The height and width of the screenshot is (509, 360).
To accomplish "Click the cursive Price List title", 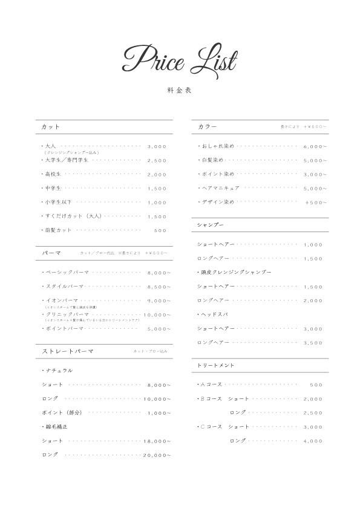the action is pos(179,59).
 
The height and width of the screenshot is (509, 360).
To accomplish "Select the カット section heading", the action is pos(51,126).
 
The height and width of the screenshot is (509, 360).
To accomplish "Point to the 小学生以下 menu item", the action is pos(58,202).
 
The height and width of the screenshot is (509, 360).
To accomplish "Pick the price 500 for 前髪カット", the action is pos(160,230).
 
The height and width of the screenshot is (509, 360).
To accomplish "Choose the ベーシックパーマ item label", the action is pos(67,273).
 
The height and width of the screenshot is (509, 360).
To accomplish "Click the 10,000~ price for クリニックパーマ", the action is pos(157,315).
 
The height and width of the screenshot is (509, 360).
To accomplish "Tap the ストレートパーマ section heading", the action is pos(67,351).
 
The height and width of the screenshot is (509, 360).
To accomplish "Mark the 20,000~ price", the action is pos(157,455).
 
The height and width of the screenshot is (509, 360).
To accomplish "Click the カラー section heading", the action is pos(207,126).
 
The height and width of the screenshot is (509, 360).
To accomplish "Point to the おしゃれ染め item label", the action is pos(217,146).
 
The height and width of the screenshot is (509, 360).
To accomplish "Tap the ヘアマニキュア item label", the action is pos(220,188).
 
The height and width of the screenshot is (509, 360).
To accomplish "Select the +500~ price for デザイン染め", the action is pos(316,202).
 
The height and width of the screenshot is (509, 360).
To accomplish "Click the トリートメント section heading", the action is pos(215,366).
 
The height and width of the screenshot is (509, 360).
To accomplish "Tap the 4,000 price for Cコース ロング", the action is pos(313,441).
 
